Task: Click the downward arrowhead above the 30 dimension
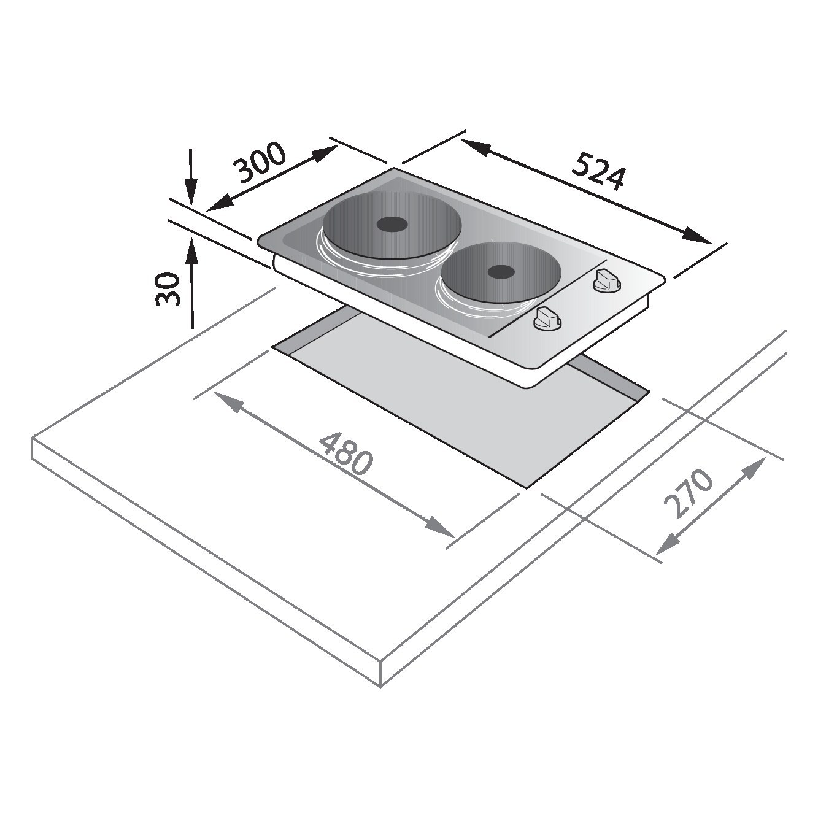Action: pyautogui.click(x=191, y=193)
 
